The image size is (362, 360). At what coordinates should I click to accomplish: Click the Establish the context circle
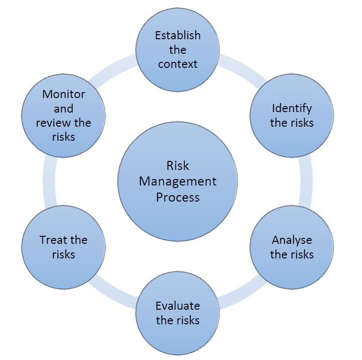(177, 50)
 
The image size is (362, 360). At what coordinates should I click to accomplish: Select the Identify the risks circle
(292, 115)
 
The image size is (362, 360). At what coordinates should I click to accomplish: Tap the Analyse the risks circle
(292, 247)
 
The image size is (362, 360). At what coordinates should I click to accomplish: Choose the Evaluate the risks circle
(177, 313)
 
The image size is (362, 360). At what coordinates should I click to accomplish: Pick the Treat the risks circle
(63, 247)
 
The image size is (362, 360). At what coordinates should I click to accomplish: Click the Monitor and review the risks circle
(63, 115)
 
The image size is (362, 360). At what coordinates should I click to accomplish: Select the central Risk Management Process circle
(177, 181)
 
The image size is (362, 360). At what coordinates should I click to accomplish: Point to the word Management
(178, 181)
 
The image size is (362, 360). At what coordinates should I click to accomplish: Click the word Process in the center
(178, 197)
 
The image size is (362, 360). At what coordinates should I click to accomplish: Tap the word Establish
(178, 35)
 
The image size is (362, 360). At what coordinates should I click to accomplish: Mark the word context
(178, 64)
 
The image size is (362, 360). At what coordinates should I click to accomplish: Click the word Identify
(292, 108)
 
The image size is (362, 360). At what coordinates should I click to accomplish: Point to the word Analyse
(292, 239)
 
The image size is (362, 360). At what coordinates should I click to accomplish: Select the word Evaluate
(178, 306)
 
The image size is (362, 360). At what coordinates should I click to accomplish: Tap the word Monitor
(64, 94)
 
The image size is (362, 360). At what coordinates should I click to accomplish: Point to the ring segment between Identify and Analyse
(307, 181)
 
